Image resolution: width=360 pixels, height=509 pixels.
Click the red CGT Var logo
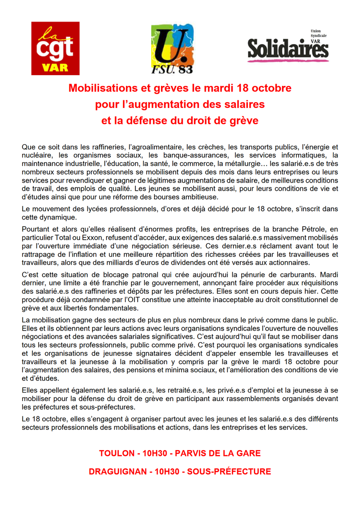coord(55,48)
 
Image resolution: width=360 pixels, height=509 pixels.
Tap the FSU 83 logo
coord(172,48)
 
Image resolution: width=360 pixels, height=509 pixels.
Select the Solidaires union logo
coord(288,46)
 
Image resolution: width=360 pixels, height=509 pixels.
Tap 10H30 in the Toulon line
coord(154,453)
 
